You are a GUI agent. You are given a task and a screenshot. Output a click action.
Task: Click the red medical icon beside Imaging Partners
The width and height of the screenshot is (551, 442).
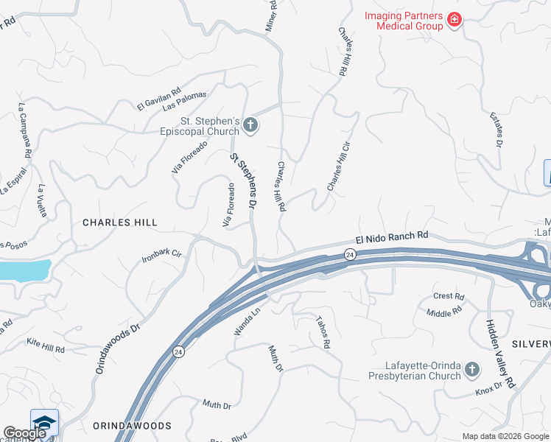click(x=455, y=19)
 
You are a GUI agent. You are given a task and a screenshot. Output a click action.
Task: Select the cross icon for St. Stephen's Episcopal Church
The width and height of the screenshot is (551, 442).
click(x=250, y=125)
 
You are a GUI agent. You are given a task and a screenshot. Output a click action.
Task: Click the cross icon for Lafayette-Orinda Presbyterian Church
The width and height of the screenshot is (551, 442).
click(x=472, y=369)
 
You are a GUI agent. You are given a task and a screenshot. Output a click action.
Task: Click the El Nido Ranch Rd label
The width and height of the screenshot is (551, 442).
click(x=391, y=238)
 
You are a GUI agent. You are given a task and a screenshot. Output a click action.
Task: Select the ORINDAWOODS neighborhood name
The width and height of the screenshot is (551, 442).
click(x=132, y=426)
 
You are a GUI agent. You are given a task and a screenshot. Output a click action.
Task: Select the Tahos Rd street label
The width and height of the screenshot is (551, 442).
click(x=323, y=332)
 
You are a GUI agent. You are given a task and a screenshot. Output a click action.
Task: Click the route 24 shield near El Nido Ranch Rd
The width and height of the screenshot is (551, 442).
click(x=350, y=254)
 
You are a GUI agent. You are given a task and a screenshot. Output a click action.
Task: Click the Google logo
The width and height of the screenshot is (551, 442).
click(x=24, y=434)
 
